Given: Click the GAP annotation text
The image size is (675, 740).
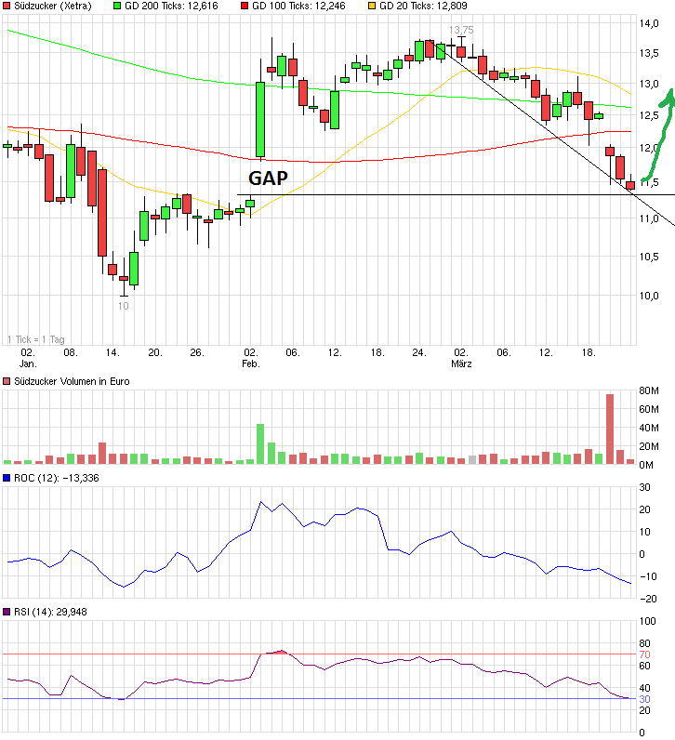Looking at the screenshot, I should coord(267,178).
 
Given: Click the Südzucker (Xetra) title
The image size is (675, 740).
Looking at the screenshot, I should coord(47,6).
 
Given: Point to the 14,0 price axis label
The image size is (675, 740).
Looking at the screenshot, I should coord(648,23).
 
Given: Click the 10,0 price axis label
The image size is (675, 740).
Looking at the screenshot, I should coord(648,296).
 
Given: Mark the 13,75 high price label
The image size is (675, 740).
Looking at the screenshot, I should coord(460,30).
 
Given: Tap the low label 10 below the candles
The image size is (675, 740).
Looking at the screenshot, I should coord(123,305).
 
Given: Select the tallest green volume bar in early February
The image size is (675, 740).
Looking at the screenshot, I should coord(260,443).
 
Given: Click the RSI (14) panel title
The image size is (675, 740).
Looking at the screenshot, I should coord(37,612).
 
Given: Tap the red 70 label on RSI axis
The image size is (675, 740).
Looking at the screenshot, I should coord(643,654).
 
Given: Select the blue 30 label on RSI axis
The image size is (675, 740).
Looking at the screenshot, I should coord(643,698).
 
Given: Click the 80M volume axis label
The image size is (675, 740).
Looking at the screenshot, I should coord(649,390).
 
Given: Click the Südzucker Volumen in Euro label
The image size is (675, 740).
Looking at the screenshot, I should coord(71,381).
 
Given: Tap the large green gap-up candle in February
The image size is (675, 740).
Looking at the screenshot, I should coord(260,119).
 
